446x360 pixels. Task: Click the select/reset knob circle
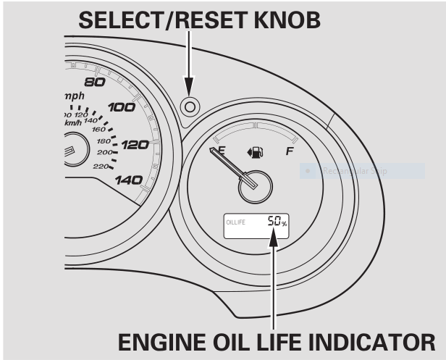tap(190, 106)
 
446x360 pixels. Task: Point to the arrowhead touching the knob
tap(190, 88)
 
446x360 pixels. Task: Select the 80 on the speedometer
tap(96, 81)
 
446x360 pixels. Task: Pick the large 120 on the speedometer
tap(135, 145)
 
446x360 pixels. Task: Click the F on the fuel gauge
tap(290, 152)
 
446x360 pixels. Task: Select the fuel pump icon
tap(255, 153)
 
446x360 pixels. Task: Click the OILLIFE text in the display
tap(236, 222)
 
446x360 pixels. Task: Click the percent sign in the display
tap(285, 224)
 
